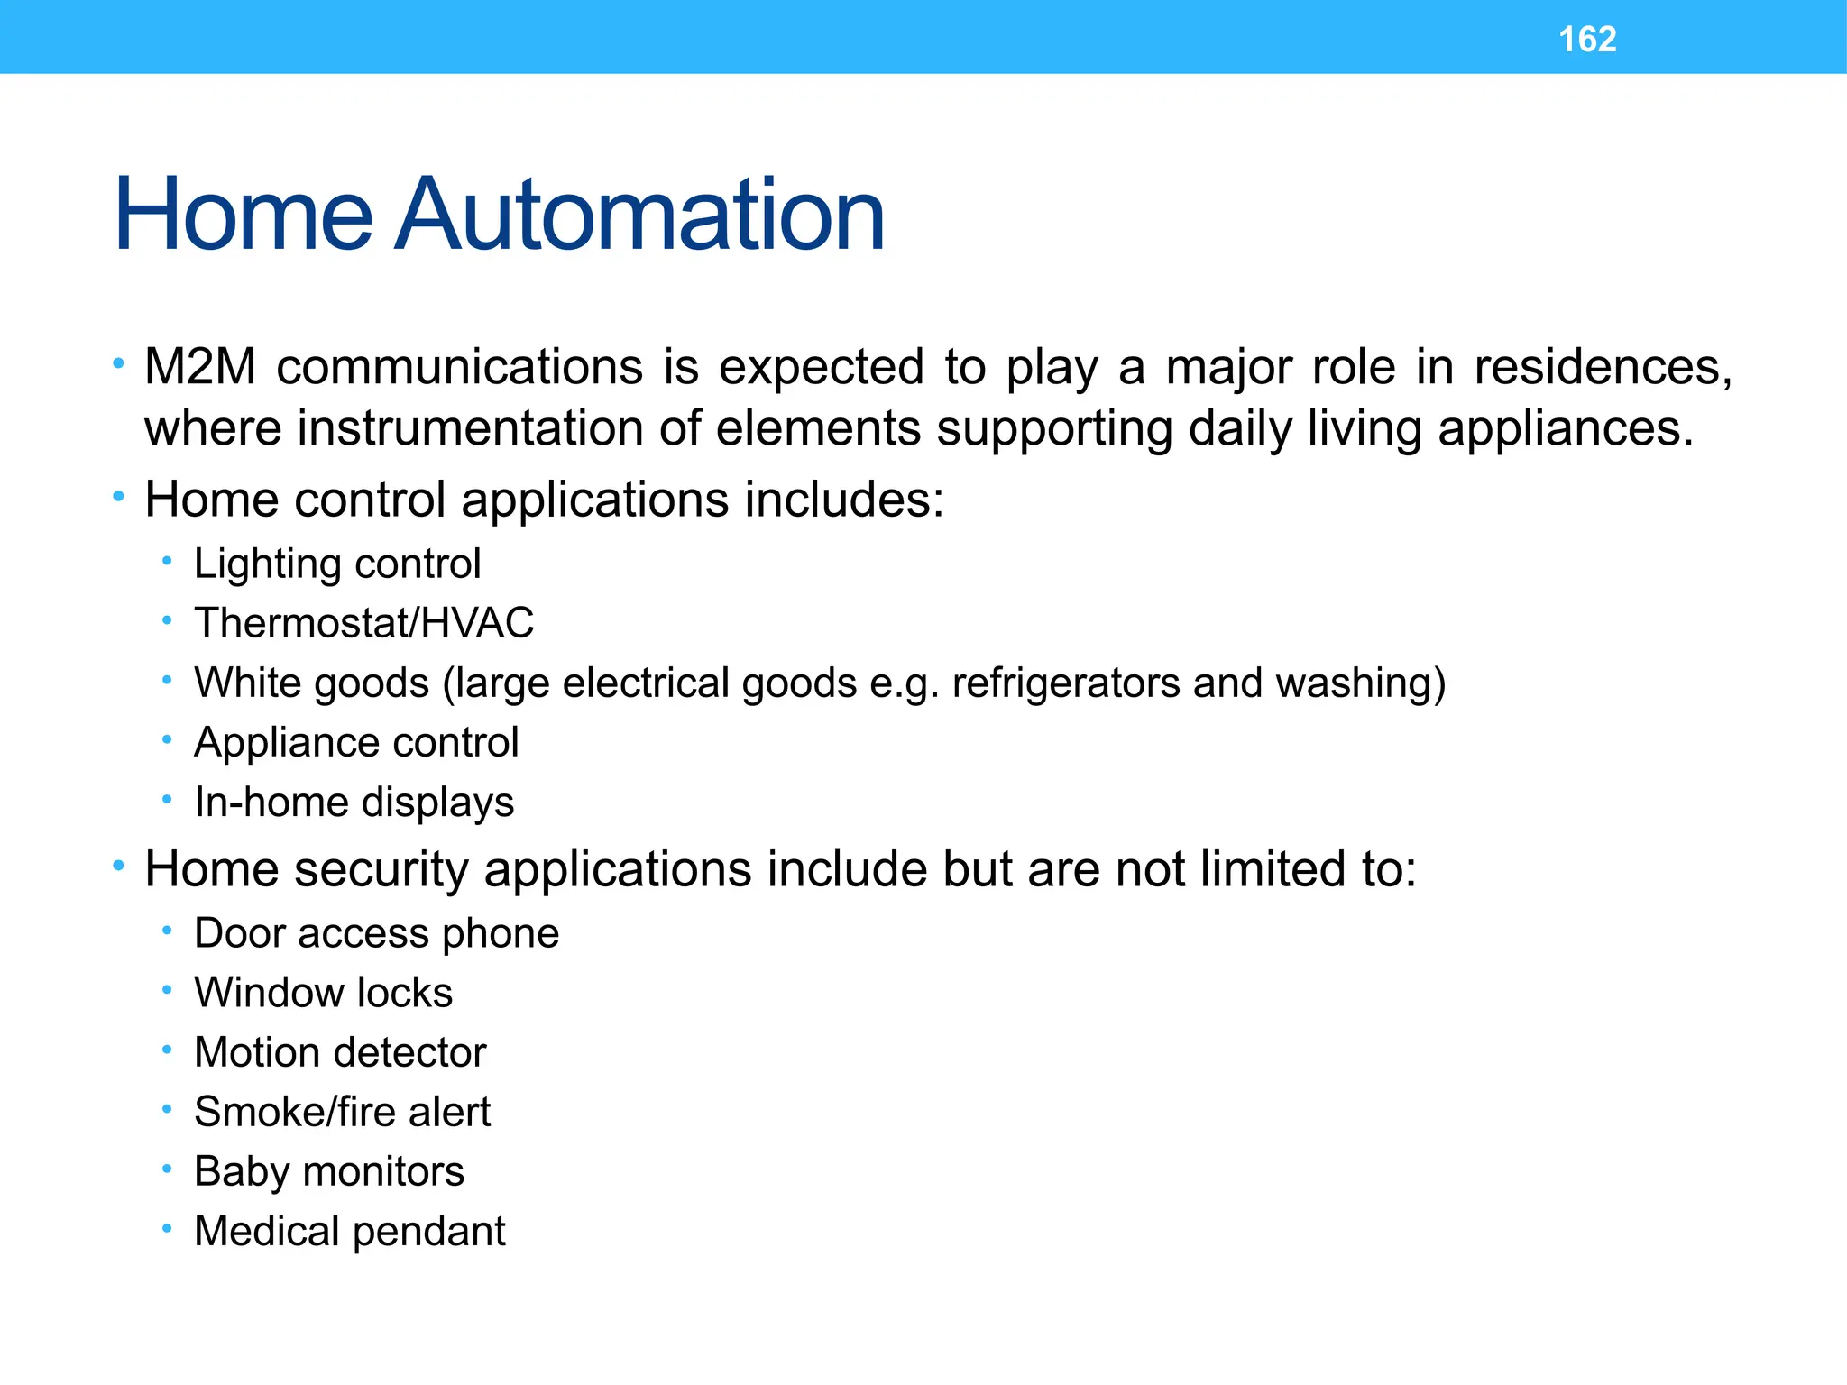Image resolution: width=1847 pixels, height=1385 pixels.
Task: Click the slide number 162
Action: click(x=1587, y=40)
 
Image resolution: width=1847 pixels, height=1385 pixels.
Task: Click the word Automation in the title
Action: click(x=639, y=216)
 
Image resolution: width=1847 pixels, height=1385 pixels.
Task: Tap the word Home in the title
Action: click(x=243, y=216)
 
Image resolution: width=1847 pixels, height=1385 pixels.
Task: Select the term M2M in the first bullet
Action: click(x=200, y=368)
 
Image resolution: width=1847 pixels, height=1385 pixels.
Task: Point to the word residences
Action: click(x=1603, y=368)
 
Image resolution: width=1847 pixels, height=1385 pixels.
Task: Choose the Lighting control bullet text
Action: click(x=337, y=564)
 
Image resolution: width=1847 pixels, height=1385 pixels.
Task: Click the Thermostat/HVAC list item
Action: click(x=363, y=623)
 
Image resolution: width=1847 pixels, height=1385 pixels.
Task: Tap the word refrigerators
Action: click(x=1065, y=683)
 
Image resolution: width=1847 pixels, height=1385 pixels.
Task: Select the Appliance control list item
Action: click(x=356, y=743)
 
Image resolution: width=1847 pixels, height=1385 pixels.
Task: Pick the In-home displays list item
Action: click(x=354, y=803)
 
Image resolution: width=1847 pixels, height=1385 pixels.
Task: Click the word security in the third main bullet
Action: click(x=381, y=870)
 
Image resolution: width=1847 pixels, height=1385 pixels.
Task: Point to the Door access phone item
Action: click(x=376, y=933)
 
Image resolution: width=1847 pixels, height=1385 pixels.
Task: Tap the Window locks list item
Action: click(x=323, y=993)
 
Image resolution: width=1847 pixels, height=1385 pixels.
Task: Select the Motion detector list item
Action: click(x=340, y=1052)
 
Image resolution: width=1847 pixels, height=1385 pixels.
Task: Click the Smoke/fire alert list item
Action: click(x=342, y=1112)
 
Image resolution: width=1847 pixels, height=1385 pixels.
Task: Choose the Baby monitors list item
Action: click(x=329, y=1171)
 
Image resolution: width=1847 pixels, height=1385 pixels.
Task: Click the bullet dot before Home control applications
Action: click(x=118, y=497)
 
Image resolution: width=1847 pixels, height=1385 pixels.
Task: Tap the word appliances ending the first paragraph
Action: click(x=1565, y=428)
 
